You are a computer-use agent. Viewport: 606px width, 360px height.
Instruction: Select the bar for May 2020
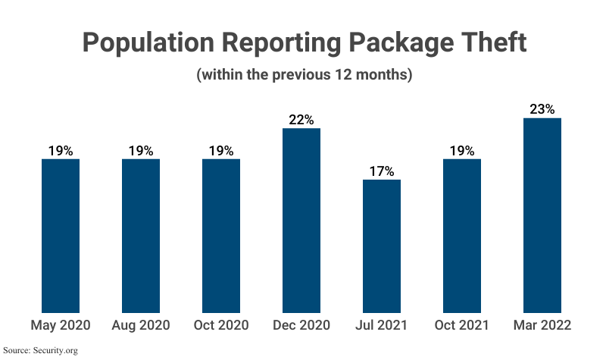(x=61, y=235)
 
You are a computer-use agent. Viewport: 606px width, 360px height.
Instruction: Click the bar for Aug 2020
(x=141, y=235)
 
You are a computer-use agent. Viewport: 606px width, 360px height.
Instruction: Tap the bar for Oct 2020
(x=221, y=235)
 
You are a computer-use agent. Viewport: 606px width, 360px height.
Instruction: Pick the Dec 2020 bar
(x=301, y=220)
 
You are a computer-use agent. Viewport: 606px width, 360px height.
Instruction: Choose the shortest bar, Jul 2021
(x=382, y=246)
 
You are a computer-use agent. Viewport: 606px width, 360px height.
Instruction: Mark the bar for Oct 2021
(x=462, y=235)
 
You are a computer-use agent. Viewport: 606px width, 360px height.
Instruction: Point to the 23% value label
(x=542, y=109)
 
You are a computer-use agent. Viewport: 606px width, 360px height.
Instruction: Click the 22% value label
(x=301, y=120)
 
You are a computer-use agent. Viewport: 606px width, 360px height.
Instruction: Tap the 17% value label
(x=382, y=171)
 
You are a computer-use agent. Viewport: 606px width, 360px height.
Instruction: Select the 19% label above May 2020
(x=61, y=151)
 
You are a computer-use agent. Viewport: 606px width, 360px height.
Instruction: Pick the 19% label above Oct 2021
(x=462, y=151)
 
